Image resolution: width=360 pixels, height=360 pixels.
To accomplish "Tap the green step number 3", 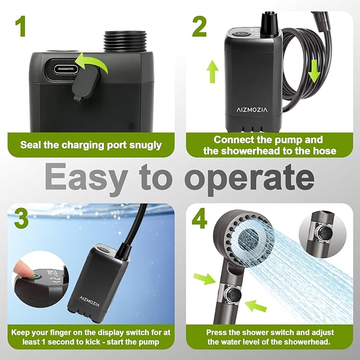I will (x=21, y=218).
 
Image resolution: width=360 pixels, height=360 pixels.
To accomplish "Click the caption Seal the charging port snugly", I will (x=91, y=145).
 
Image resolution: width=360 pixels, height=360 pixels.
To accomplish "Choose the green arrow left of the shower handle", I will (x=204, y=278).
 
